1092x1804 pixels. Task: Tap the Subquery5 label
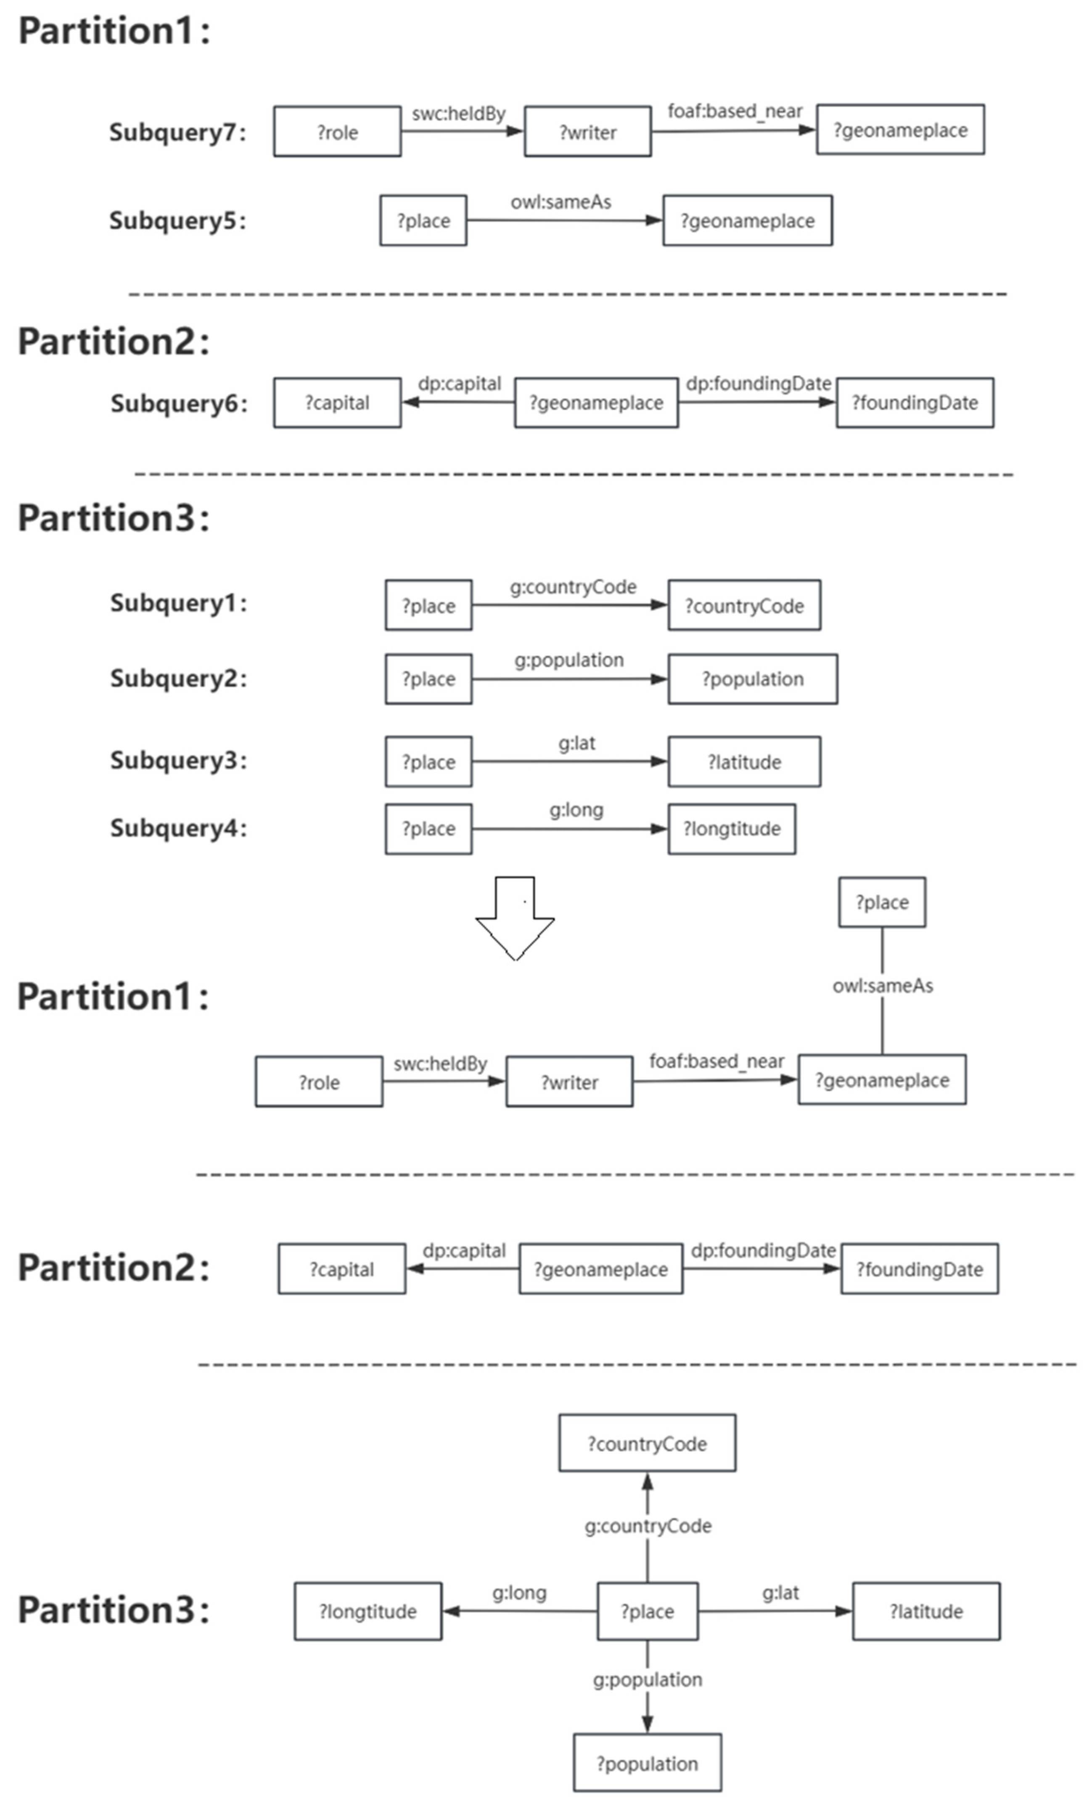point(177,220)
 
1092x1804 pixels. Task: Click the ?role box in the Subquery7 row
point(337,132)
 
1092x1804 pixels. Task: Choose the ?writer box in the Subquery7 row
point(588,132)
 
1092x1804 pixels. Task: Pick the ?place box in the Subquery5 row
point(423,220)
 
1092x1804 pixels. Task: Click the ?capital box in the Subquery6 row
point(337,403)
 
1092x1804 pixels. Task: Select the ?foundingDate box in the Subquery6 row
point(915,403)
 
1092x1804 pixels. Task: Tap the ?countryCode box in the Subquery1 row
point(744,605)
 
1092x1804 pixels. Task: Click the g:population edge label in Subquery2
point(568,661)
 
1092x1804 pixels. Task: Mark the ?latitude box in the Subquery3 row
point(744,762)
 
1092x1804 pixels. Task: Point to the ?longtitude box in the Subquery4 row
point(732,829)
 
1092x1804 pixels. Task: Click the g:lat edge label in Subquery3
point(577,744)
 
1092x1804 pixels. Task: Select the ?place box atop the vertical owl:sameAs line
point(882,902)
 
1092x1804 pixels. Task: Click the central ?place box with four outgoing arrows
point(648,1611)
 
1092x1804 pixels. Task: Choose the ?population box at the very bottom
point(647,1764)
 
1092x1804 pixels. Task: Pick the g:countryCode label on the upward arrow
point(648,1526)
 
